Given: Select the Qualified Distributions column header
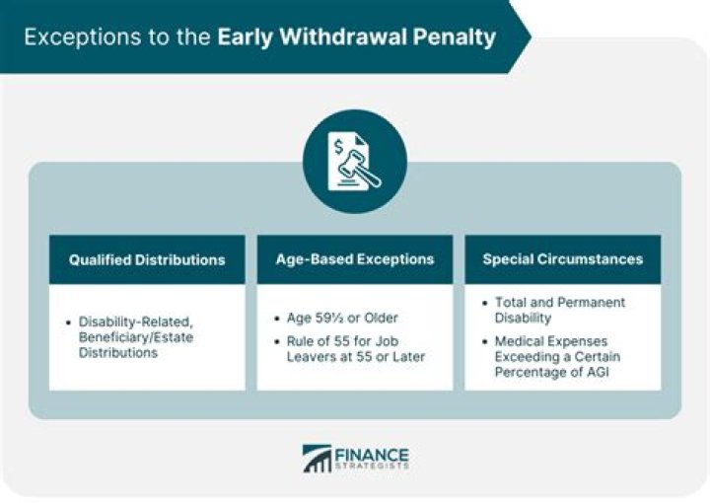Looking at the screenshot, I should (147, 260).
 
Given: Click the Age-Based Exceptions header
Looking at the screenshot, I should (355, 259).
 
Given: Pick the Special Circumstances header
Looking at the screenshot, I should (562, 259).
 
